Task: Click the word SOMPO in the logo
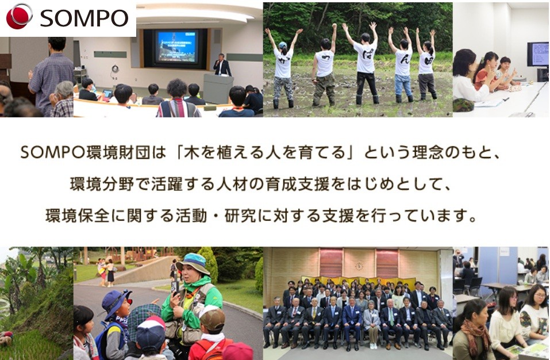tap(84, 18)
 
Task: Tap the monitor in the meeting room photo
tap(538, 54)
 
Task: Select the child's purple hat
tap(116, 302)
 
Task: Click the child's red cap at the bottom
tap(237, 351)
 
